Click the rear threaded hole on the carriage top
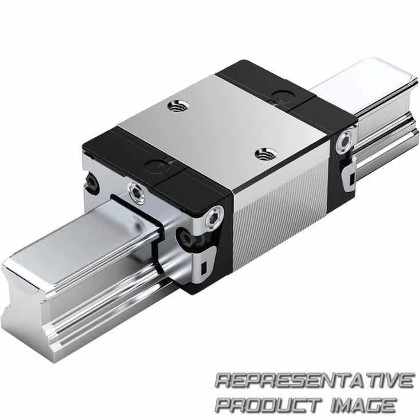178,106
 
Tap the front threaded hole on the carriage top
266,154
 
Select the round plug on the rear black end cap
283,97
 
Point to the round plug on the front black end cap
156,167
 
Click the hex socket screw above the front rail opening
137,193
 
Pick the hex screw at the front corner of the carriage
214,216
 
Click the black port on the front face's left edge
92,183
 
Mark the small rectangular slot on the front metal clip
204,268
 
